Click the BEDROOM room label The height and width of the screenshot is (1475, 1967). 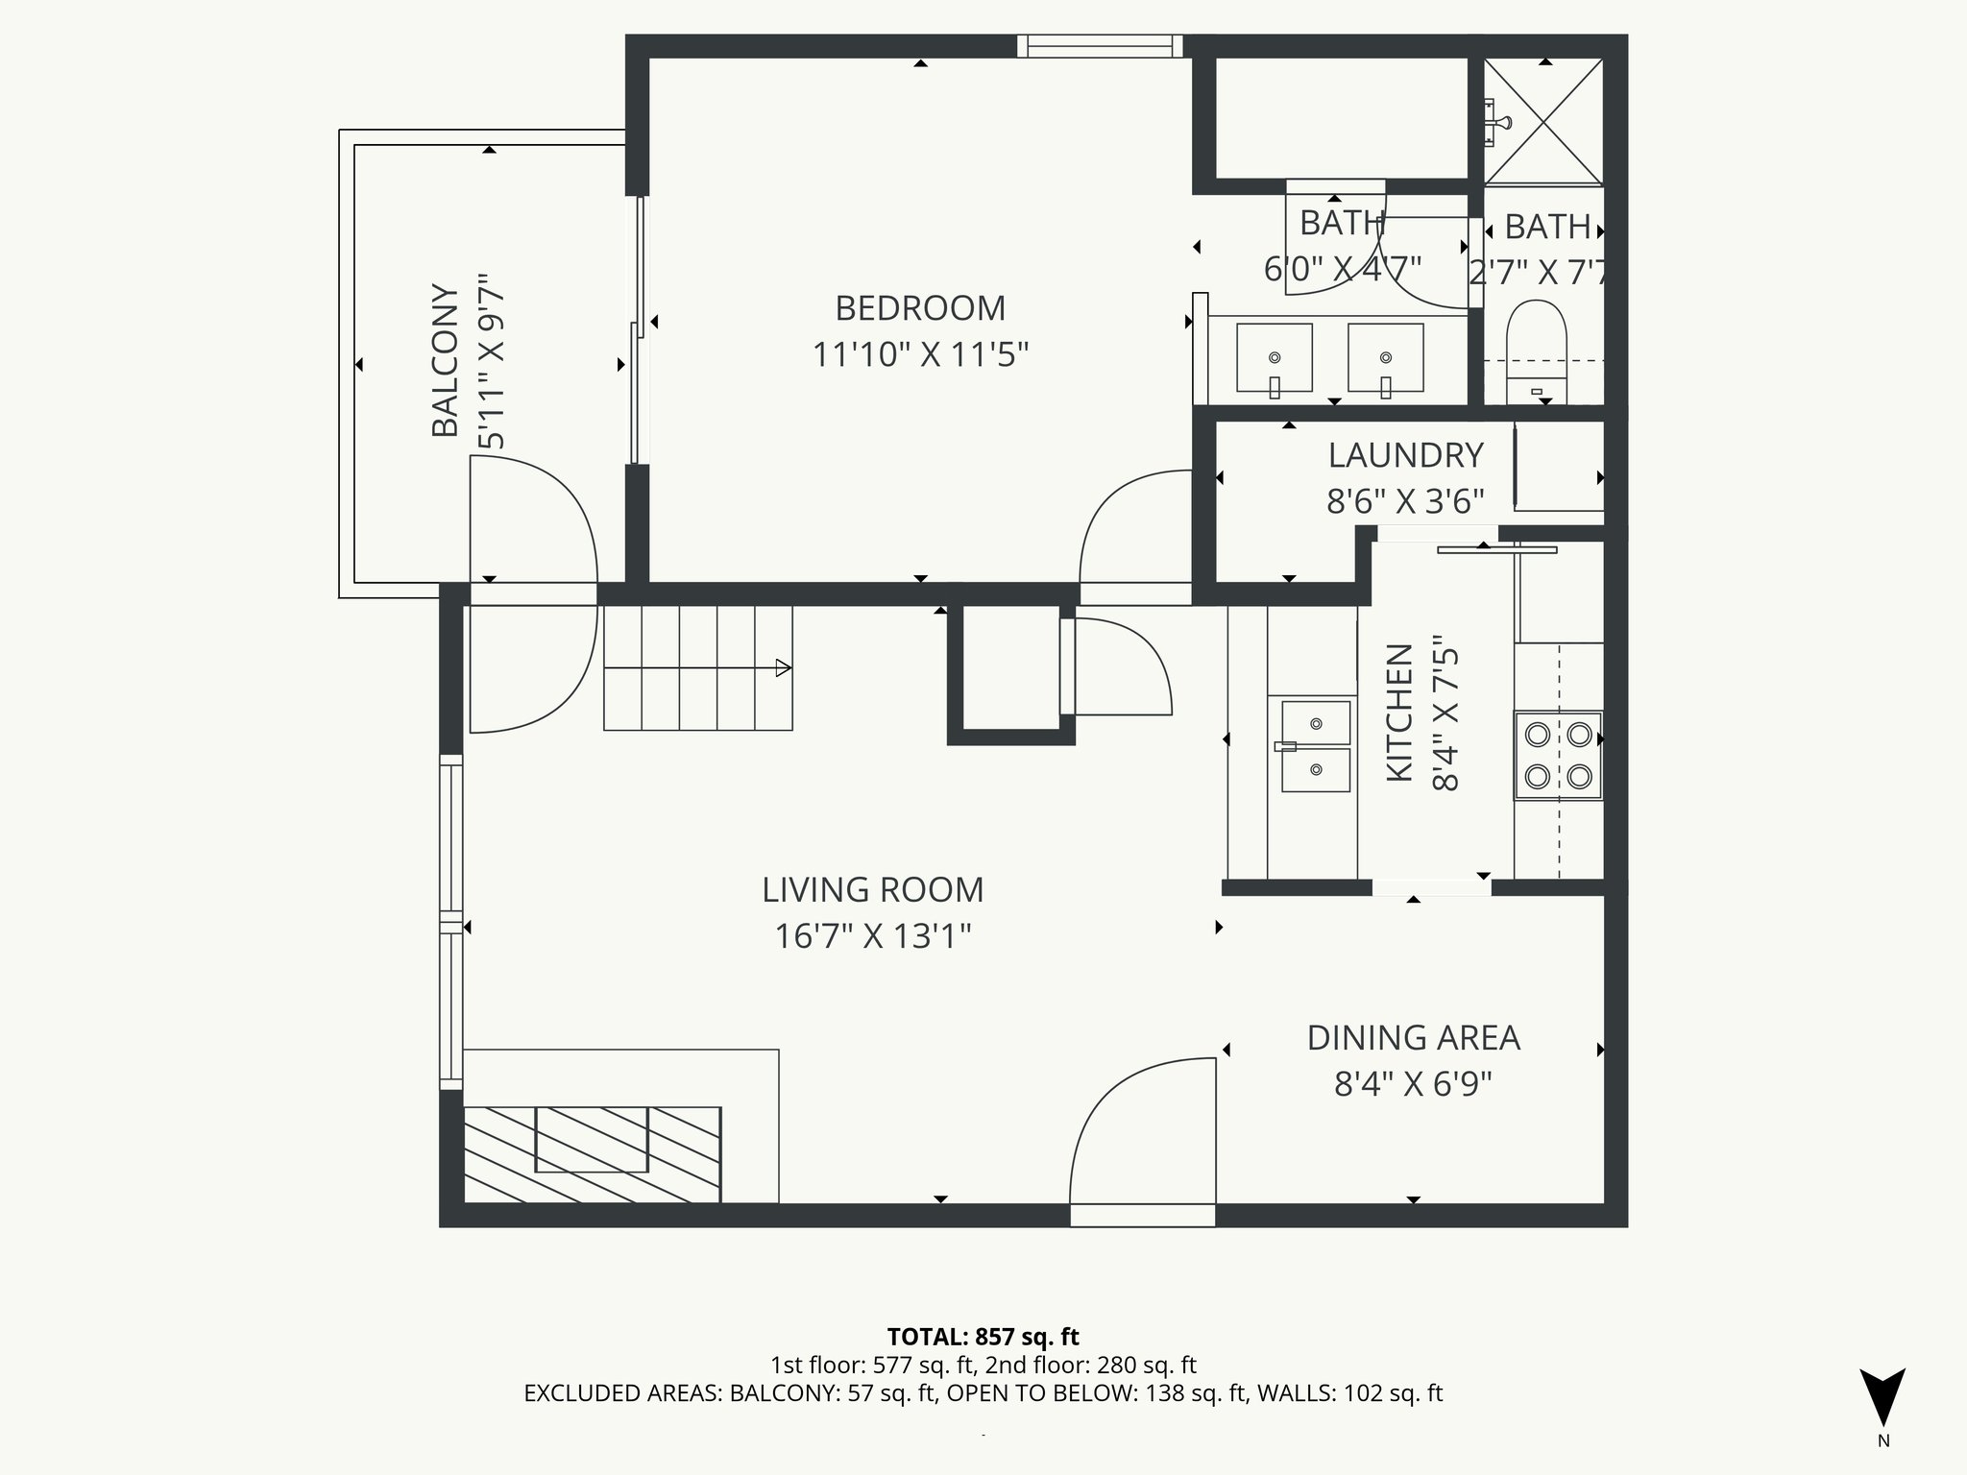tap(920, 308)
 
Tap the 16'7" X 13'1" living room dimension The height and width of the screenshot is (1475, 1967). tap(872, 935)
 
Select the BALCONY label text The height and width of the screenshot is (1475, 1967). tap(445, 360)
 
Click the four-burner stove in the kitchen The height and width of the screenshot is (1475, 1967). tap(1558, 755)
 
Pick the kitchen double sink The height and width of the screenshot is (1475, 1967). tap(1315, 746)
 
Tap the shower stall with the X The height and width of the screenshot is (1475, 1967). tap(1543, 121)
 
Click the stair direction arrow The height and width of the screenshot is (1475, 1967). tap(783, 667)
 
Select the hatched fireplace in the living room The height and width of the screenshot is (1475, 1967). tap(592, 1153)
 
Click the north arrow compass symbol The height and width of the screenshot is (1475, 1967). tap(1882, 1397)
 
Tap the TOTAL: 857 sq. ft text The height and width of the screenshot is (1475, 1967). tap(983, 1337)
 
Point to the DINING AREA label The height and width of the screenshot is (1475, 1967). tap(1413, 1038)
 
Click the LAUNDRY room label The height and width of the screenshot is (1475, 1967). tap(1405, 455)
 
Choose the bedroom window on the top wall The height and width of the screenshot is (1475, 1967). tap(1100, 46)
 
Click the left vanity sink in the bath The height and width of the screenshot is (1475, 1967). tap(1274, 358)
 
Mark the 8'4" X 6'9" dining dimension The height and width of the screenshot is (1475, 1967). tap(1413, 1084)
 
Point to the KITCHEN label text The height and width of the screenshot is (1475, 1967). tap(1399, 713)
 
